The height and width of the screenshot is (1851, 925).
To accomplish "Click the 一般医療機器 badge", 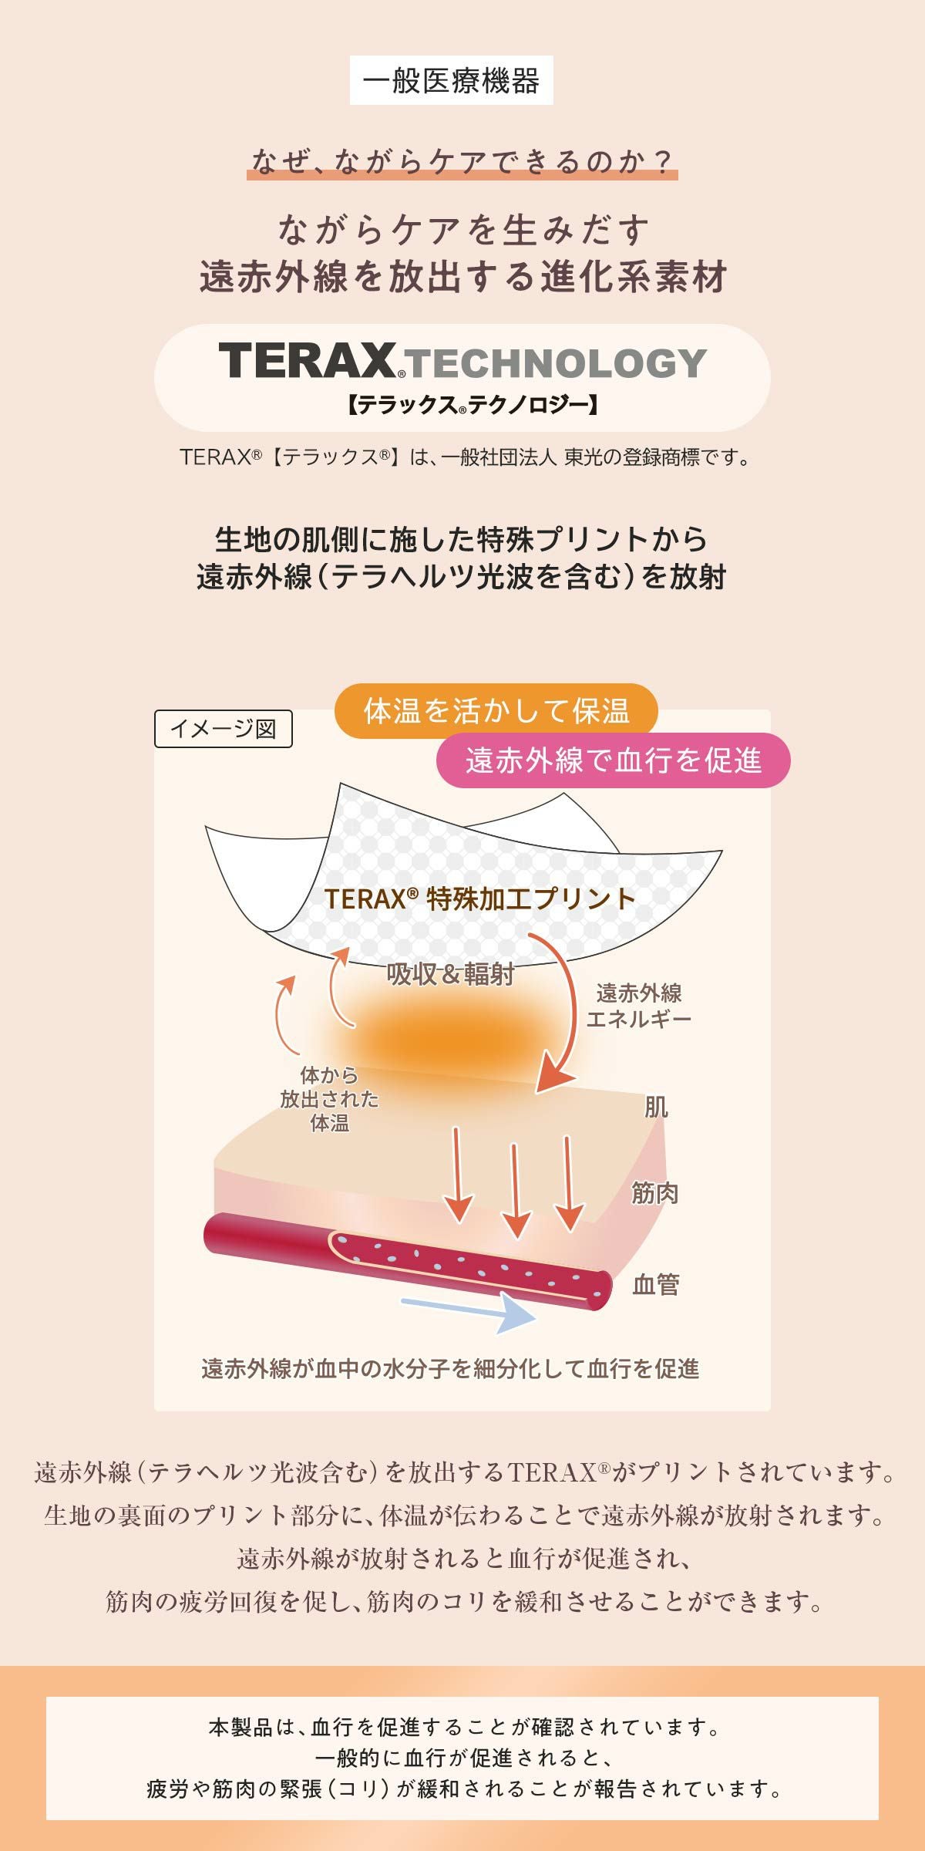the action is [451, 80].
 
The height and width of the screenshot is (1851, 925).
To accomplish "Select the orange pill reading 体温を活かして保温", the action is [496, 710].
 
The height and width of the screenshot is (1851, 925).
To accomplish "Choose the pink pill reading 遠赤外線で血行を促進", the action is [614, 760].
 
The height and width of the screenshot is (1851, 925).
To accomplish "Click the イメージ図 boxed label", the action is [224, 729].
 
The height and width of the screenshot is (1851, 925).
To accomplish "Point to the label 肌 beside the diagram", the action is [656, 1108].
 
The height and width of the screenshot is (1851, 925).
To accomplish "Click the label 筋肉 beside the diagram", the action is [655, 1193].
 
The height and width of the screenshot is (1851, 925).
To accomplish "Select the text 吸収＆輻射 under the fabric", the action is [451, 974].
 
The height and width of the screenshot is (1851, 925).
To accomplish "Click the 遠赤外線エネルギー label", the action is [639, 1006].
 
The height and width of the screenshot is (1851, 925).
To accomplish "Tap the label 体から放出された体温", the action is [330, 1099].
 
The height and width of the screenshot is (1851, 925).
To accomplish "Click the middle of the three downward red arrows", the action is [515, 1190].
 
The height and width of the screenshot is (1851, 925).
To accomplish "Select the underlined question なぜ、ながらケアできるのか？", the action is [462, 162].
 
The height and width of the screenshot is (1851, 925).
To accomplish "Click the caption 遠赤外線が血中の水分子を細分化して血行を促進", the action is [451, 1369].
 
